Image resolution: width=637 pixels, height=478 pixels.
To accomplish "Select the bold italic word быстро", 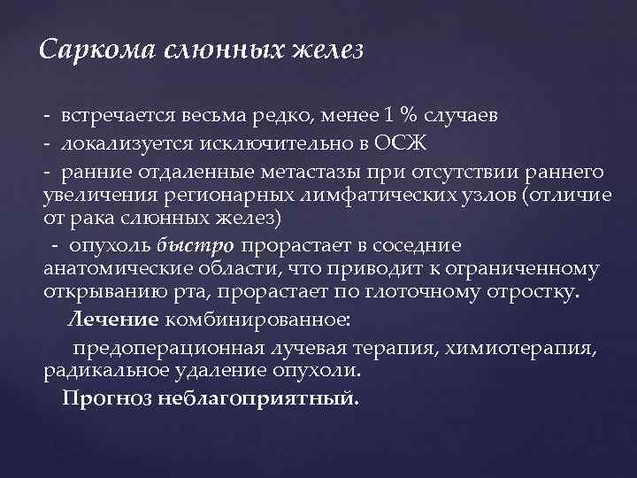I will point(196,244).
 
